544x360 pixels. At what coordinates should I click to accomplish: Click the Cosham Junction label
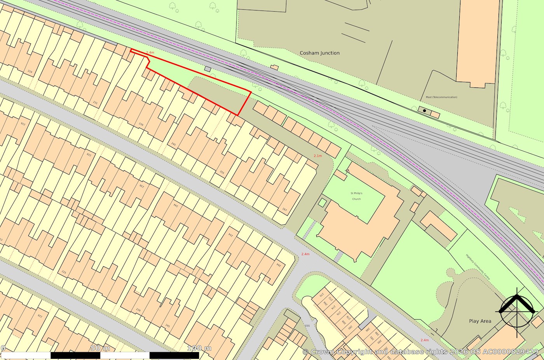(x=319, y=53)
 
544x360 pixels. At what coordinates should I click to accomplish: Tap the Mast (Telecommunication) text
(x=439, y=97)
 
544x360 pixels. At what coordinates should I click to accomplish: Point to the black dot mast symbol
(x=424, y=111)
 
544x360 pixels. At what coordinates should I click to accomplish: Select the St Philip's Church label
(x=356, y=196)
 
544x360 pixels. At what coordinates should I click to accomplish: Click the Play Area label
(x=480, y=321)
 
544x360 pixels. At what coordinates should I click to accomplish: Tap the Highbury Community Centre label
(x=478, y=267)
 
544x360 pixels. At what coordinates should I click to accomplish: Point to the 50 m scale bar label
(x=100, y=348)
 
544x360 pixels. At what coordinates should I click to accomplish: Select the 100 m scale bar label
(x=199, y=348)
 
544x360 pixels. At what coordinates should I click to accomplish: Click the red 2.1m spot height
(x=318, y=156)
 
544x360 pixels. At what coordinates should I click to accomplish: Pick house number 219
(x=30, y=72)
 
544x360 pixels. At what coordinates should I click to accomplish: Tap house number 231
(x=96, y=103)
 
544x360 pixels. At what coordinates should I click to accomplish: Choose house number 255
(x=222, y=172)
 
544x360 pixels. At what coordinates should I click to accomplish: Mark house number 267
(x=284, y=210)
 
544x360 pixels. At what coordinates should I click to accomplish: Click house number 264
(x=278, y=265)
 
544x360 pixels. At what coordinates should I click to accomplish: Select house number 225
(x=64, y=272)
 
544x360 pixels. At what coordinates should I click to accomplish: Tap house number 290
(x=380, y=341)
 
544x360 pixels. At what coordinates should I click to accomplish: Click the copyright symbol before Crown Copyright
(x=305, y=352)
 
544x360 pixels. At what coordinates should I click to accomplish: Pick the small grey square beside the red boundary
(x=207, y=69)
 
